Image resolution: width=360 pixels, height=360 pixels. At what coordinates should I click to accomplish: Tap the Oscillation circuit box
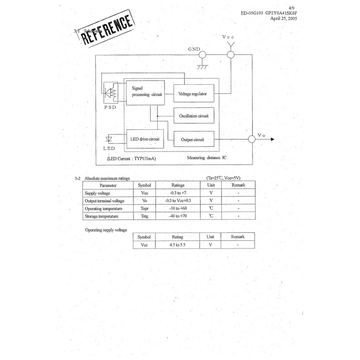pos(194,116)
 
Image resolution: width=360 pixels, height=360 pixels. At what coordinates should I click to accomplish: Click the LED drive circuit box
pos(144,138)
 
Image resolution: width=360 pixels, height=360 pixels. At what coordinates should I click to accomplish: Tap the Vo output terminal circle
pos(252,140)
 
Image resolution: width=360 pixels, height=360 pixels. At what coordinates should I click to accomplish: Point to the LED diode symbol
pos(109,138)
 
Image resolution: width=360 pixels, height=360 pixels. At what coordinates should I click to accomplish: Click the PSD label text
pos(110,108)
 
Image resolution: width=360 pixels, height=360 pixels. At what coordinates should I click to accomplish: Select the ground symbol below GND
pos(203,67)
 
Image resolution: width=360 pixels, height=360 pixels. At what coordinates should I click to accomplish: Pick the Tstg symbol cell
pos(145,216)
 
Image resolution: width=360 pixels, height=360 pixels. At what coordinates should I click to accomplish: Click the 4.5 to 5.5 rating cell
pos(178,245)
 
